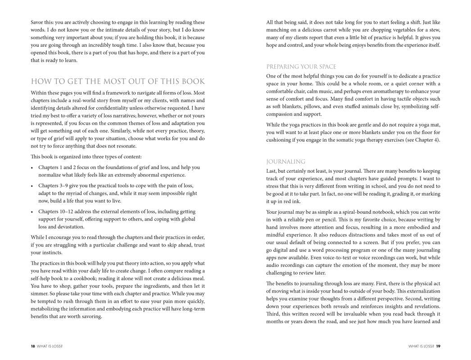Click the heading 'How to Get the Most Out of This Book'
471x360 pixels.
(x=118, y=81)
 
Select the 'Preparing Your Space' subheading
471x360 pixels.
(x=301, y=67)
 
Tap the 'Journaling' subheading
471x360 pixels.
(x=285, y=162)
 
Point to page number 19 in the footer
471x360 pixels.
(x=438, y=346)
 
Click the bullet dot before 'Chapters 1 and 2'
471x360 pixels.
(x=32, y=168)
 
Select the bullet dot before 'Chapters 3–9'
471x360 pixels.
(x=32, y=186)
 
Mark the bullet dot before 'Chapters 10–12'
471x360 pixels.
(x=32, y=212)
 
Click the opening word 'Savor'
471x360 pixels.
(x=38, y=22)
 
